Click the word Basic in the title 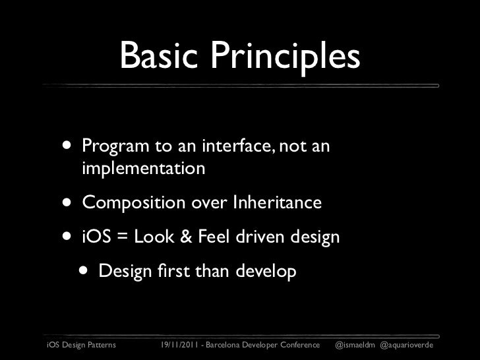point(159,55)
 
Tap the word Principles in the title point(285,57)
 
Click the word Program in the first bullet point(115,146)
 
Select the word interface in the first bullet point(236,145)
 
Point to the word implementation point(144,169)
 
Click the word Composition point(134,203)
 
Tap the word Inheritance point(278,202)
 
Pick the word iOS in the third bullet point(96,236)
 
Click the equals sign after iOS point(123,237)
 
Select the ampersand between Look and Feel point(186,237)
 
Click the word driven point(260,236)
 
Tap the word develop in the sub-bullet point(266,272)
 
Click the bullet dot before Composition point(67,202)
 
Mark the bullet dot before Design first point(83,270)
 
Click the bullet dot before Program point(67,145)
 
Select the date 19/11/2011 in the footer point(179,345)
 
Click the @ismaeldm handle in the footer point(355,345)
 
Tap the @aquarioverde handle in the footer point(407,345)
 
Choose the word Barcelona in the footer point(223,345)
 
